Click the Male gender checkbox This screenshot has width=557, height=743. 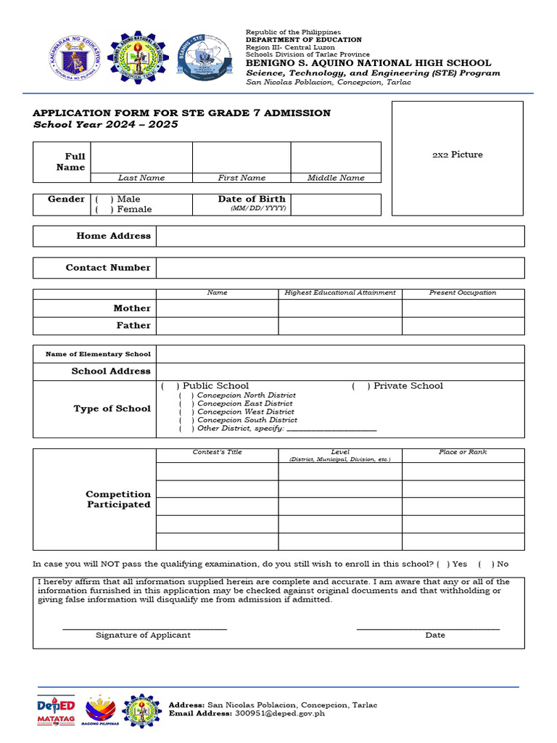pyautogui.click(x=104, y=200)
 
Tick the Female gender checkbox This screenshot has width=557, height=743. pyautogui.click(x=104, y=210)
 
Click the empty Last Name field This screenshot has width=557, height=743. pyautogui.click(x=141, y=157)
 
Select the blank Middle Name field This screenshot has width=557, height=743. pyautogui.click(x=336, y=157)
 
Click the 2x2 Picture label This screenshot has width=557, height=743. pyautogui.click(x=457, y=155)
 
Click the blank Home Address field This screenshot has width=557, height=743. pyautogui.click(x=339, y=237)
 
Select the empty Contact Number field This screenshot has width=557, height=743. pyautogui.click(x=339, y=268)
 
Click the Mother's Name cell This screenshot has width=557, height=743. pyautogui.click(x=217, y=308)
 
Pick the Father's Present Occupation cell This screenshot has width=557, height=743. pyautogui.click(x=463, y=326)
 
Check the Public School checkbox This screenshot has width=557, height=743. pyautogui.click(x=170, y=386)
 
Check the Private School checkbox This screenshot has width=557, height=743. pyautogui.click(x=361, y=386)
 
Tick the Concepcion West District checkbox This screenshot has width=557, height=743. pyautogui.click(x=186, y=412)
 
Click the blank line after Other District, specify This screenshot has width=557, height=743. pyautogui.click(x=332, y=430)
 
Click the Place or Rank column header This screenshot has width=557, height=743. pyautogui.click(x=463, y=453)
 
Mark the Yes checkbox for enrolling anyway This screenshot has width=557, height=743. pyautogui.click(x=443, y=565)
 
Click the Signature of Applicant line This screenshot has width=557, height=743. pyautogui.click(x=144, y=628)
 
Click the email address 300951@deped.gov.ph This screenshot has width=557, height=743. pyautogui.click(x=280, y=714)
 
